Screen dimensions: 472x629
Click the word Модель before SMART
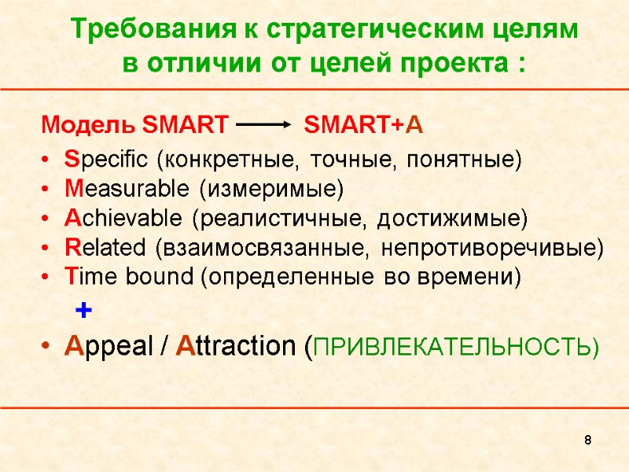(89, 125)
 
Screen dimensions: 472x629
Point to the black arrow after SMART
(263, 125)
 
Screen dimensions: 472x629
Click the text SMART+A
(363, 125)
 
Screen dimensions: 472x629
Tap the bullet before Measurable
(48, 190)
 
